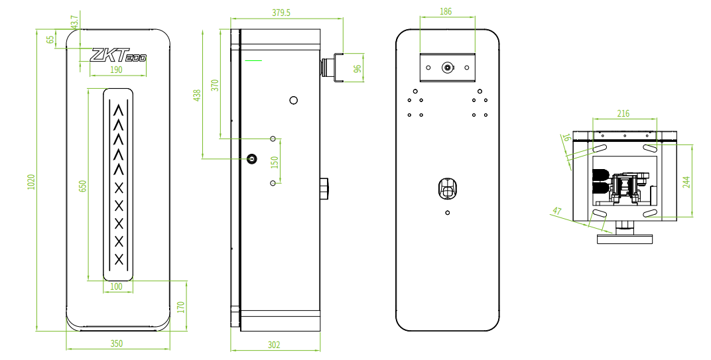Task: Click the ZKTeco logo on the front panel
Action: (118, 55)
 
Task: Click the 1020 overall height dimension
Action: (31, 182)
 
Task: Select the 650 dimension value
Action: (82, 186)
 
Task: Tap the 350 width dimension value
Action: (117, 343)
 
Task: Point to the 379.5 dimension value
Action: (281, 13)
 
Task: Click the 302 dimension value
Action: (274, 345)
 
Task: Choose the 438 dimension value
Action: (197, 95)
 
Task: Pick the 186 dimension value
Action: (446, 11)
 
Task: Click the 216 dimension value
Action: (623, 113)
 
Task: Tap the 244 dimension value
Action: (686, 182)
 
